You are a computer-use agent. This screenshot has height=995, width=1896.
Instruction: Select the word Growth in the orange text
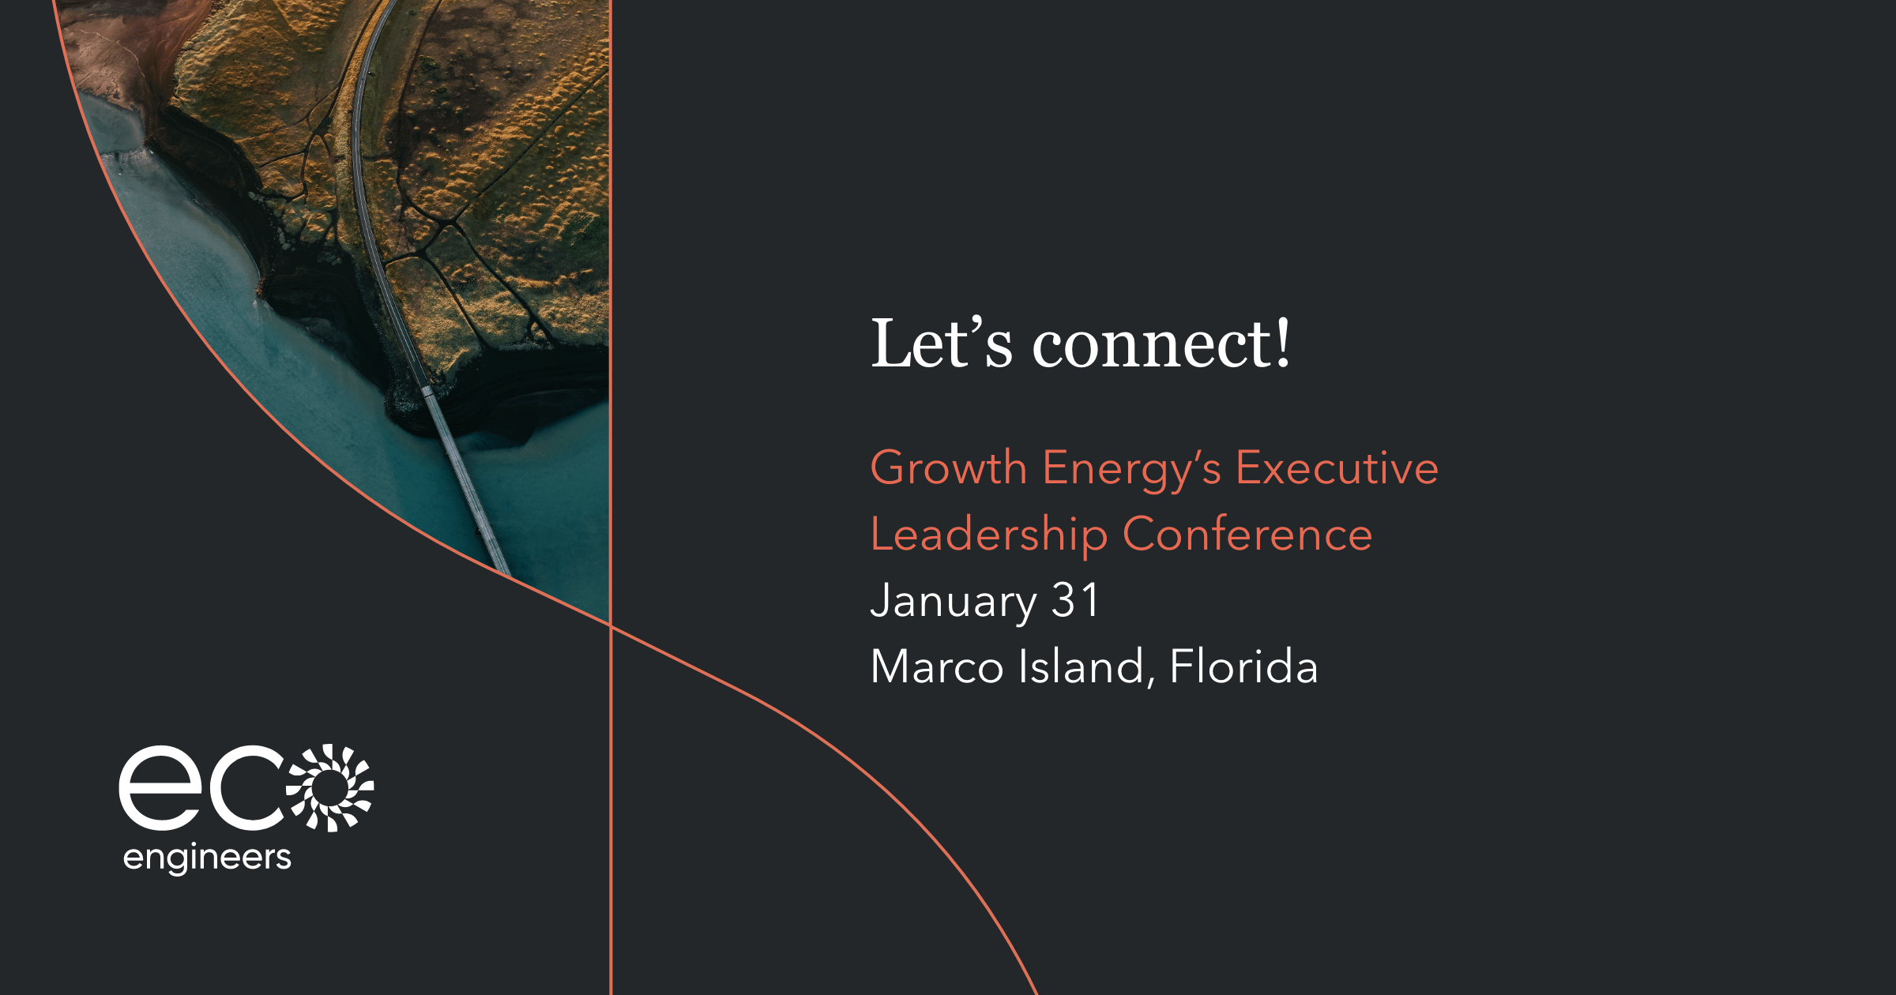tap(948, 467)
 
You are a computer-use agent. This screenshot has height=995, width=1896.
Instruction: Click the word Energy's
tap(1132, 470)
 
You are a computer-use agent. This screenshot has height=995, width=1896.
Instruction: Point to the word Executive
tap(1337, 467)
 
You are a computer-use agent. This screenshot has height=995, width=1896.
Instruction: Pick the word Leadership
tap(988, 535)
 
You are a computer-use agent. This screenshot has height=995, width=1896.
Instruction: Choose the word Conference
tap(1247, 535)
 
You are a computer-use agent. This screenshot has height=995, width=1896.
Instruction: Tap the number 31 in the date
tap(1075, 600)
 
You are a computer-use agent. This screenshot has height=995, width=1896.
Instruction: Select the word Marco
tap(937, 666)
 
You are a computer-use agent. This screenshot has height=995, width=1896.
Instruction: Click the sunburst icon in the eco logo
tap(330, 787)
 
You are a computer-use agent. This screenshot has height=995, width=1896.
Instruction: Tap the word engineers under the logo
tap(208, 858)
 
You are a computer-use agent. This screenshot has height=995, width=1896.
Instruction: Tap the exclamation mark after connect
tap(1283, 343)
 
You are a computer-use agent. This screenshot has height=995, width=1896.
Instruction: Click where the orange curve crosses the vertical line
tap(611, 626)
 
